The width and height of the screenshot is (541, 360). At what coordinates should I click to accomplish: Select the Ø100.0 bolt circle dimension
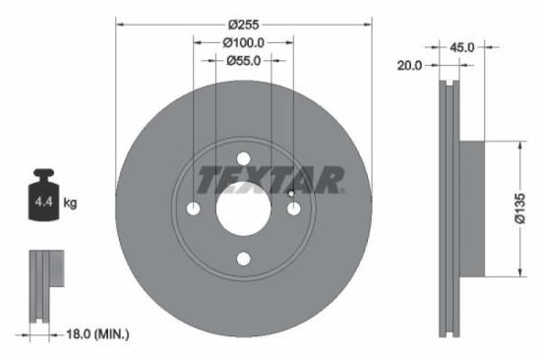tap(244, 42)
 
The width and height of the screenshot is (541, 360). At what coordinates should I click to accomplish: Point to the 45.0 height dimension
tap(462, 46)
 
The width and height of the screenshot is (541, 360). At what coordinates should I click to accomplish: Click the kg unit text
tap(70, 203)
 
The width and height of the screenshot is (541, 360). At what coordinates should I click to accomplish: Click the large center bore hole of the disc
tap(244, 209)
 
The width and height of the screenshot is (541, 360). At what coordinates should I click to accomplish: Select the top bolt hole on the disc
tap(244, 158)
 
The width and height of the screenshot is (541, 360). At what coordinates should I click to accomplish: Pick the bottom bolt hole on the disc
tap(244, 260)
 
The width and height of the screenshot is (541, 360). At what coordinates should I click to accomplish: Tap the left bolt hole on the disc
tap(194, 209)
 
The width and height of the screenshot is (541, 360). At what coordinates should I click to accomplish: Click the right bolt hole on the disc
tap(294, 209)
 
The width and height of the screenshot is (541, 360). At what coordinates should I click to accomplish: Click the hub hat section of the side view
tap(472, 208)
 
